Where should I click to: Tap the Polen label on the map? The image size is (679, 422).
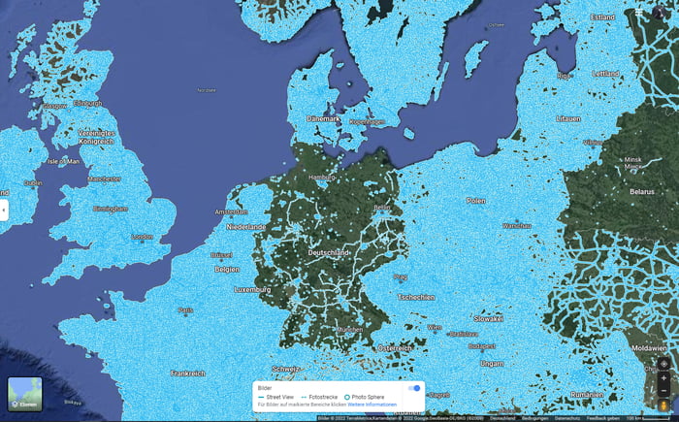475,200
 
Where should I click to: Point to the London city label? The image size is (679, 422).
142,236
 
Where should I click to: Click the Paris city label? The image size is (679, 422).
185,309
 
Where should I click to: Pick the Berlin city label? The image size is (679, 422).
381,207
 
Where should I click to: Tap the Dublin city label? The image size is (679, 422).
33,182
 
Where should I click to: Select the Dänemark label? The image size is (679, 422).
323,118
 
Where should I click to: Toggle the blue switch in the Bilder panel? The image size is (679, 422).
415,388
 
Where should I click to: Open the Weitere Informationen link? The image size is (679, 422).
375,405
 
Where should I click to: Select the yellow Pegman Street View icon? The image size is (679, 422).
663,406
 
